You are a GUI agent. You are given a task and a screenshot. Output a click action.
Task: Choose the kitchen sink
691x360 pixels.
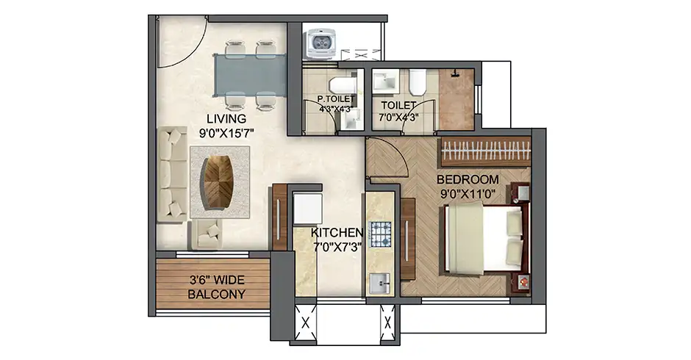click(x=381, y=281)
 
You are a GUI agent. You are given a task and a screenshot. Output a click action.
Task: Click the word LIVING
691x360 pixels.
click(x=226, y=118)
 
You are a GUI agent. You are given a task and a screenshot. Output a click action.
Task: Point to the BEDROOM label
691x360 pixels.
click(x=468, y=180)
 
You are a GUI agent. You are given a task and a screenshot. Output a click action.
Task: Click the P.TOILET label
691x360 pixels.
click(x=335, y=99)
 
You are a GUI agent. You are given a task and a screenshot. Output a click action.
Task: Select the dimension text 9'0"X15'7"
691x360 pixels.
click(x=226, y=133)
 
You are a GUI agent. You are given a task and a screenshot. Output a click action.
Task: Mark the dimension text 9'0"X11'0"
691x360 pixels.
click(x=468, y=195)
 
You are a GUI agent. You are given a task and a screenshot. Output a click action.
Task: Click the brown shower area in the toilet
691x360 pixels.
click(x=458, y=99)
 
